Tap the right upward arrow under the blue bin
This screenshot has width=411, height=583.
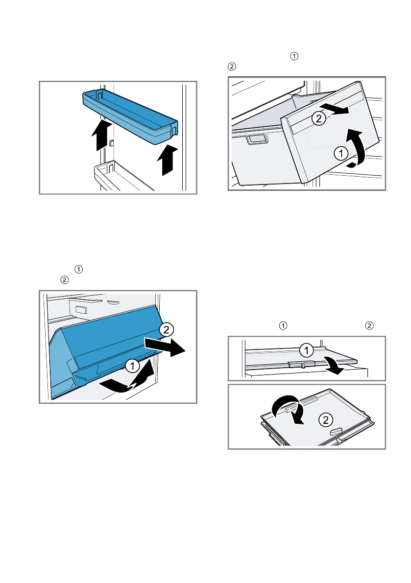point(168,159)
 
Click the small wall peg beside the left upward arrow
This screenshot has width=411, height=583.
point(112,142)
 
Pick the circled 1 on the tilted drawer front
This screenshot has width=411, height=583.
point(340,154)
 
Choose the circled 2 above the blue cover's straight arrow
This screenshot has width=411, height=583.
point(167,329)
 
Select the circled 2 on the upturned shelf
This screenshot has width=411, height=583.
point(324,419)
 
